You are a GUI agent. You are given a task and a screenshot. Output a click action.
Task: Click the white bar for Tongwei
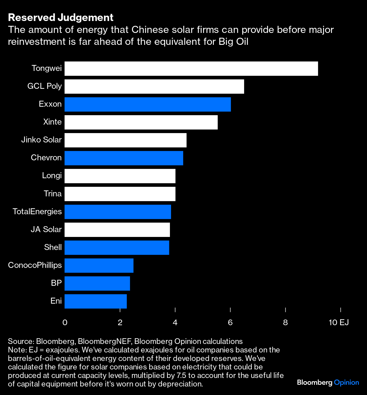pos(191,68)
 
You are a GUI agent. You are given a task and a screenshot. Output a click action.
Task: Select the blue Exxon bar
pos(148,104)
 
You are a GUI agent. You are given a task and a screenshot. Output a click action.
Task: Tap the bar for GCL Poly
pos(154,86)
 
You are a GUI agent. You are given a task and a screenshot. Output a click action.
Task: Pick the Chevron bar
pos(124,158)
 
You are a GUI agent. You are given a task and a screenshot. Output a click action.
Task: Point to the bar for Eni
pos(95,301)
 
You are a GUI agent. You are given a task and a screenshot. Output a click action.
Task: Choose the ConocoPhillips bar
pos(99,265)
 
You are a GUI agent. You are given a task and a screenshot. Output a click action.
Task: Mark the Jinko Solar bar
pos(125,140)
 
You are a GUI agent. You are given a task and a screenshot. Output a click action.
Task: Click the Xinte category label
pos(52,122)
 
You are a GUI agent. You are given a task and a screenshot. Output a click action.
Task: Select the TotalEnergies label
pos(37,211)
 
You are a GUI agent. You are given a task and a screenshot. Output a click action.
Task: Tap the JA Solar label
pos(46,229)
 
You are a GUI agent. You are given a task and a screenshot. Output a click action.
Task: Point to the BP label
pos(56,283)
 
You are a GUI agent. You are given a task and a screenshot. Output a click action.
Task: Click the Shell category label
pos(53,247)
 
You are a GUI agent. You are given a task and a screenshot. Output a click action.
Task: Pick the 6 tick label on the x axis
pos(230,322)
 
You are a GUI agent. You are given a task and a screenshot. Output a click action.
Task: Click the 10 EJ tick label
pos(339,322)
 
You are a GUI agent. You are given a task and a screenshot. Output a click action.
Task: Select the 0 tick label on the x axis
pos(65,322)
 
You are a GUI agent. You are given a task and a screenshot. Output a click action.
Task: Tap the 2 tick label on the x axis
pos(120,322)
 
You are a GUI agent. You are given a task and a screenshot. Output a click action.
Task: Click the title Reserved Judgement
pos(61,18)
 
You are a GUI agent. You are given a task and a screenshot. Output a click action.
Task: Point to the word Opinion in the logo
pos(346,383)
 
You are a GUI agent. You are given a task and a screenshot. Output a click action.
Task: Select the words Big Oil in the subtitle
pos(233,42)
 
